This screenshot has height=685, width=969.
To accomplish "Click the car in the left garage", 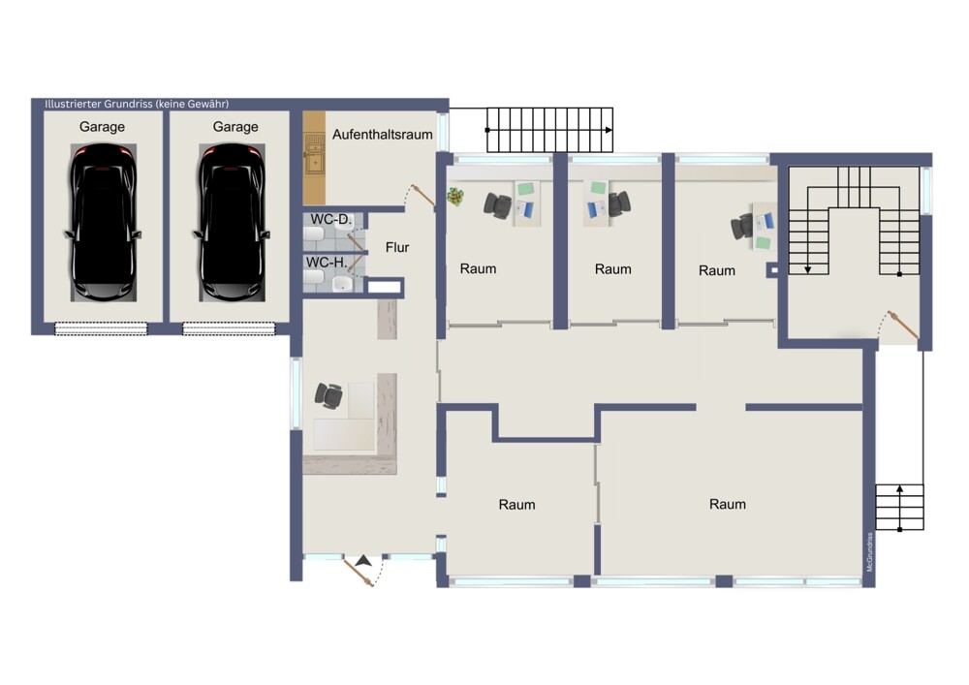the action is click(x=103, y=223).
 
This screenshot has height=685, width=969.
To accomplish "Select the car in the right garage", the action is click(x=232, y=223).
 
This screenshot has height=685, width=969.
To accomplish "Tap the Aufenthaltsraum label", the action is click(x=383, y=134).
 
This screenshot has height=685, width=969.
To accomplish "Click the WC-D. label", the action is click(x=330, y=219).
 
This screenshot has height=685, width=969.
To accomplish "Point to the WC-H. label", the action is click(x=327, y=263).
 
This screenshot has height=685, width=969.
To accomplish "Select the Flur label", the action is click(x=397, y=247).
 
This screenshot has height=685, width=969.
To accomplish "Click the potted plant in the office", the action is click(x=456, y=197).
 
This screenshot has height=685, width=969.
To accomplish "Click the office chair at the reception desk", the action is click(x=328, y=395).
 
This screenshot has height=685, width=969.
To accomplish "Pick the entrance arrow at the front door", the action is click(x=363, y=561).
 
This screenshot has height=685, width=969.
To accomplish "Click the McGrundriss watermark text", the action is click(x=869, y=551).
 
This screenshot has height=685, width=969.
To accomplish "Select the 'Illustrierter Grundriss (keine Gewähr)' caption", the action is click(x=137, y=104).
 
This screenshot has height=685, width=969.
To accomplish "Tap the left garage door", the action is click(x=102, y=328).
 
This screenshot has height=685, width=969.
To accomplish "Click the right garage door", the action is click(x=229, y=328).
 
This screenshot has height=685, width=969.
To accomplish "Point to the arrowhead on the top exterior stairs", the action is click(x=610, y=131).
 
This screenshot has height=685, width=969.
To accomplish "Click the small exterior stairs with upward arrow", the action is click(x=900, y=507).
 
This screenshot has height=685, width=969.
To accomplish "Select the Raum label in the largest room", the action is click(x=728, y=504).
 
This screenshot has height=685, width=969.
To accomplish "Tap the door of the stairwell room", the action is click(x=903, y=325).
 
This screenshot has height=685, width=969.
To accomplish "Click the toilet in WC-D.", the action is click(x=313, y=235).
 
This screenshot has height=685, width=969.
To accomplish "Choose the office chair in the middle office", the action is click(x=618, y=203).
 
